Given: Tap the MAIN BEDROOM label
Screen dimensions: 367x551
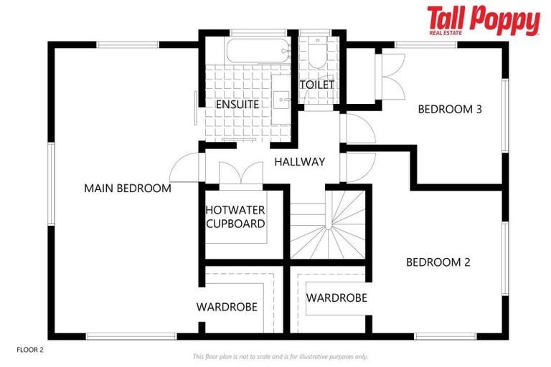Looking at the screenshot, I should point(127,189).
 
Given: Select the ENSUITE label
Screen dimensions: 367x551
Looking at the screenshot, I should point(237,105).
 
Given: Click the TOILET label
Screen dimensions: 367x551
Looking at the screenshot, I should point(317,85).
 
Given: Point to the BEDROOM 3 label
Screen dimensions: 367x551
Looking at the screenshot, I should point(450,110).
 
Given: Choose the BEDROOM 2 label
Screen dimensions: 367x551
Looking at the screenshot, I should point(438,262).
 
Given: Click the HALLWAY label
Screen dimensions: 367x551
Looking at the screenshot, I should point(299,162).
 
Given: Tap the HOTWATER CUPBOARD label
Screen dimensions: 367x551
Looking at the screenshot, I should point(235,216).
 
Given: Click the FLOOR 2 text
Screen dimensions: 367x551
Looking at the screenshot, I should point(30,350).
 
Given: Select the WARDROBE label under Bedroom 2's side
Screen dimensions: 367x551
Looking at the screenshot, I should point(336,297).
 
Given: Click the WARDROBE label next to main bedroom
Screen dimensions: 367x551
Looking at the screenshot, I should point(227,307).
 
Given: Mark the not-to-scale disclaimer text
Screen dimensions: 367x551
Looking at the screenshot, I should point(280,356).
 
